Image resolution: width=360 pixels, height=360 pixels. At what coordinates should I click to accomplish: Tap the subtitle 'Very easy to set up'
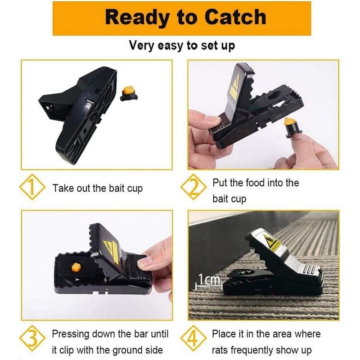click(182, 45)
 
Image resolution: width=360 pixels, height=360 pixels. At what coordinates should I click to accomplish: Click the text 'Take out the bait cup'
click(98, 188)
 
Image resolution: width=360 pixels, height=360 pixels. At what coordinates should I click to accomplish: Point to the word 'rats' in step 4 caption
click(221, 350)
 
